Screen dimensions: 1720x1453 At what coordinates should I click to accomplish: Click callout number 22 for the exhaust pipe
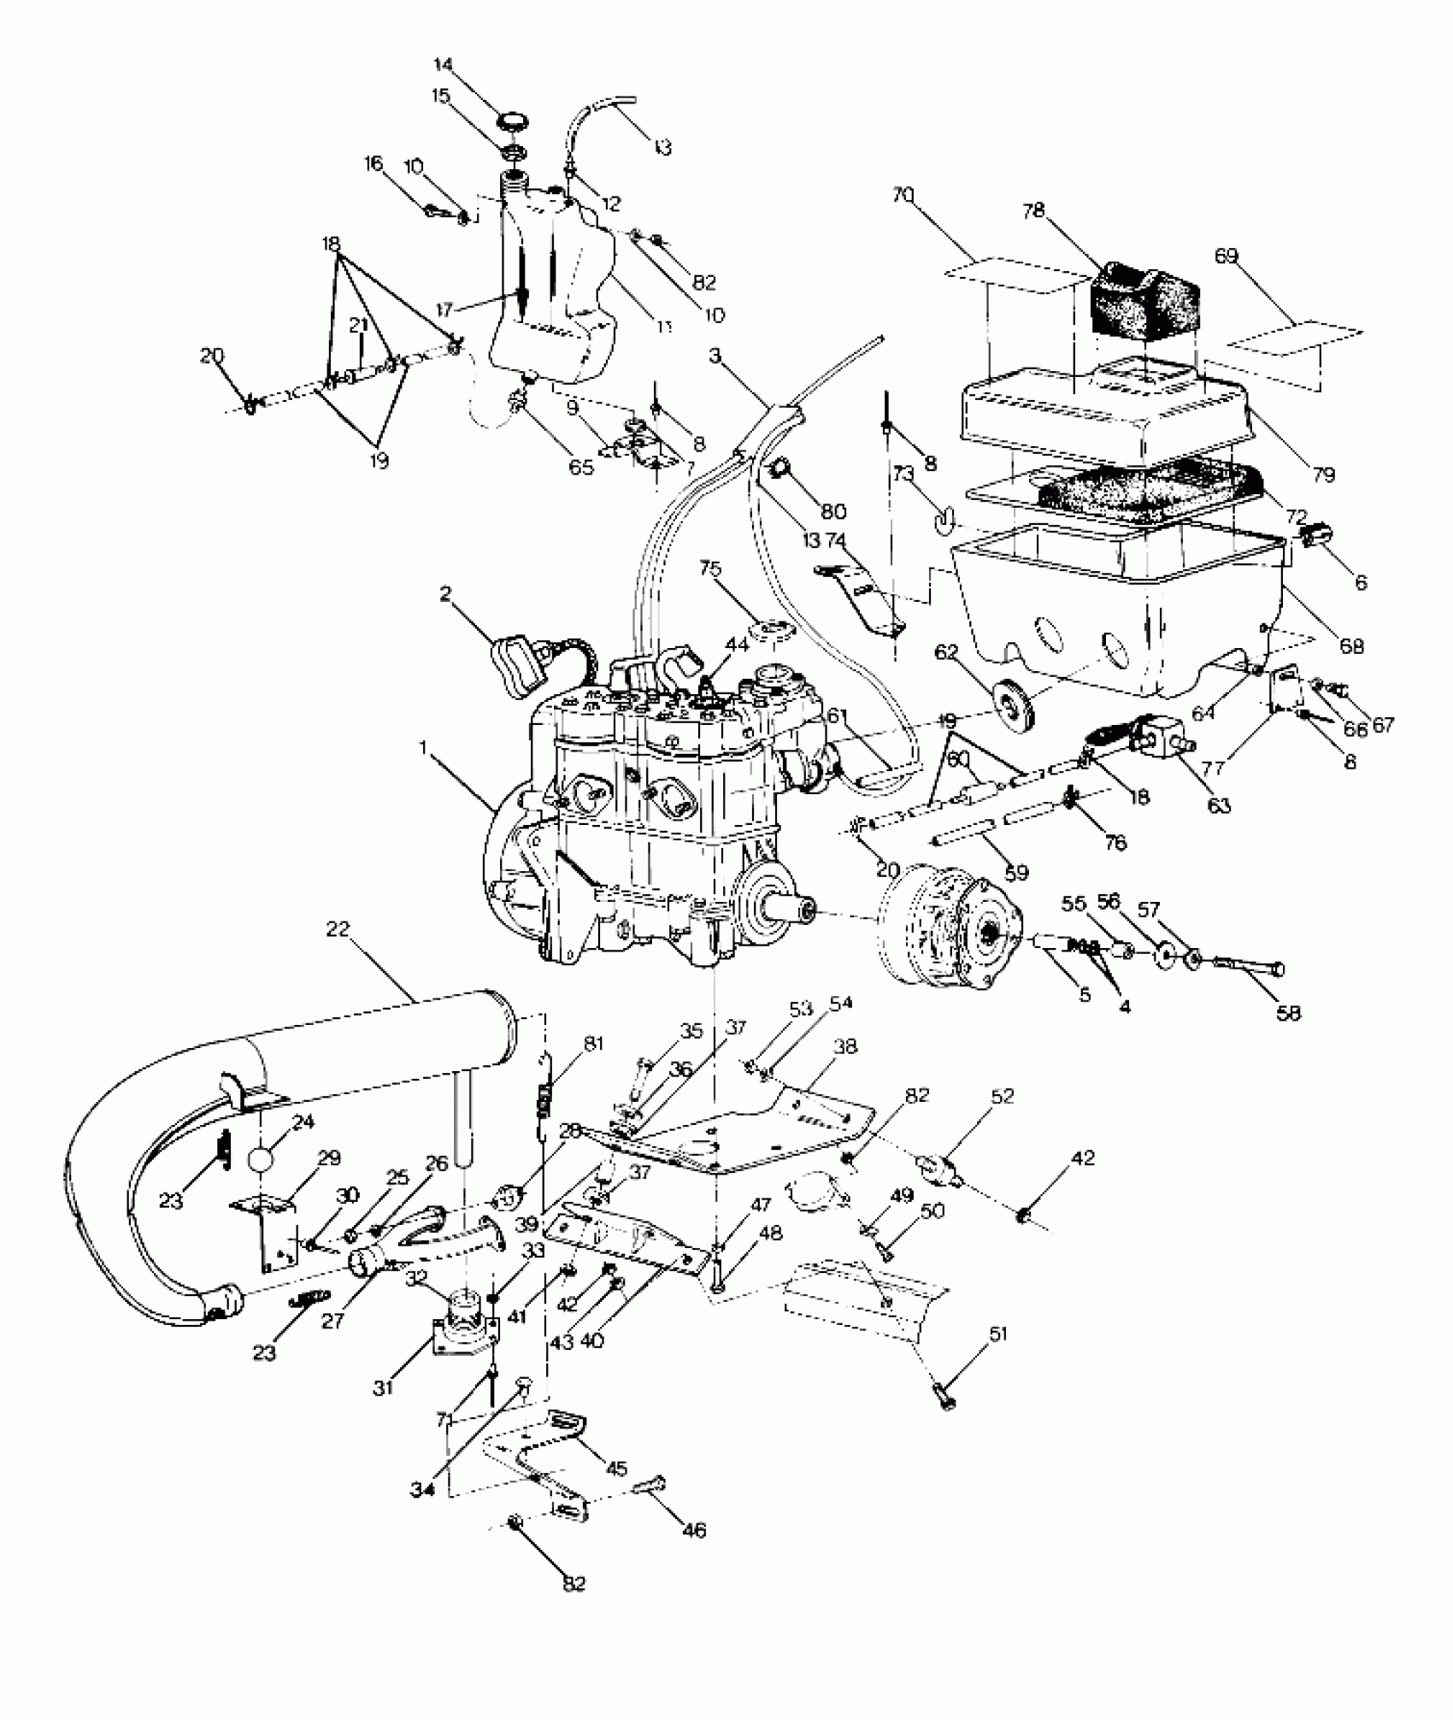pyautogui.click(x=338, y=929)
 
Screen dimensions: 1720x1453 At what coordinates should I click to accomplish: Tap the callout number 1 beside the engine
pyautogui.click(x=423, y=748)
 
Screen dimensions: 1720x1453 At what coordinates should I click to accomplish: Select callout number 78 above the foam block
pyautogui.click(x=1034, y=210)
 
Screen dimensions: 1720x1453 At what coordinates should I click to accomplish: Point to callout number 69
pyautogui.click(x=1227, y=256)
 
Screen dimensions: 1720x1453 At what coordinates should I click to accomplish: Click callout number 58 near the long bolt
pyautogui.click(x=1288, y=1013)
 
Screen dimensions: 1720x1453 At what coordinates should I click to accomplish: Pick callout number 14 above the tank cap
pyautogui.click(x=443, y=65)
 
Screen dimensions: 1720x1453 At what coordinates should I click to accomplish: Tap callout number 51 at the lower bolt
pyautogui.click(x=998, y=1334)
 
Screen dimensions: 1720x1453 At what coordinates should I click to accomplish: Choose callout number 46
pyautogui.click(x=695, y=1529)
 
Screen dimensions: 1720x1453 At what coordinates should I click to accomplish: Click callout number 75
pyautogui.click(x=710, y=568)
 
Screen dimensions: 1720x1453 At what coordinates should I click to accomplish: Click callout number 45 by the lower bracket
pyautogui.click(x=615, y=1469)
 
